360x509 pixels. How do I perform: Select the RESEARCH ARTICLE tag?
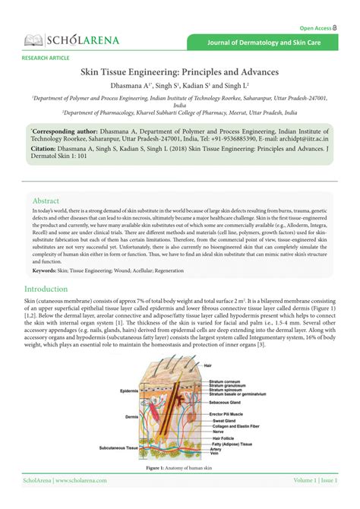(x=46, y=58)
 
